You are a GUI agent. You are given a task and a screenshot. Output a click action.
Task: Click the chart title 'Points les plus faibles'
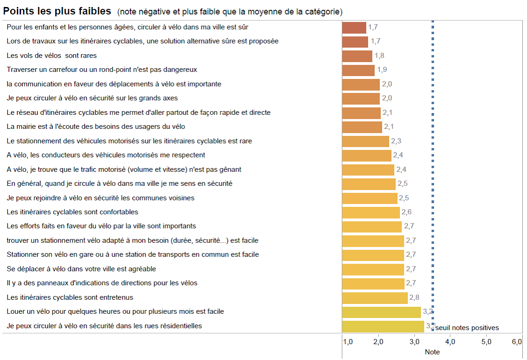pos(57,11)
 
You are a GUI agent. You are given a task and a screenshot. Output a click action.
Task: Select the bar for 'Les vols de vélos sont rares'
pos(357,56)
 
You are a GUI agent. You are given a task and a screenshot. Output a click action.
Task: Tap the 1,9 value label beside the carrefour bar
pos(382,70)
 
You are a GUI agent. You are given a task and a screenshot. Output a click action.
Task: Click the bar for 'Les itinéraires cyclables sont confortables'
pos(371,212)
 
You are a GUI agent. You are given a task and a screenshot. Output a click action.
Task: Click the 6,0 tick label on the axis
pos(517,342)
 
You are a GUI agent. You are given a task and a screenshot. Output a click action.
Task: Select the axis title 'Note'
pos(432,352)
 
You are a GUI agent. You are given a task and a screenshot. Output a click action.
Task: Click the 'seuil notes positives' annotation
pos(467,328)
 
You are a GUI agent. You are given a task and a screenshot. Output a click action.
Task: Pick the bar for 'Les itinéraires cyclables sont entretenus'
pos(375,298)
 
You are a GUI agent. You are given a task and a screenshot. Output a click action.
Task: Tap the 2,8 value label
pos(414,297)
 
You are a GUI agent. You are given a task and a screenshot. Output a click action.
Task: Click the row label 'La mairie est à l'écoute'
pos(96,127)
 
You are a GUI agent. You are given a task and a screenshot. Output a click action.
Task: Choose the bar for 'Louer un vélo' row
pos(381,312)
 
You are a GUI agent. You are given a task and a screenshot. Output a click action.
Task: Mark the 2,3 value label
pos(396,141)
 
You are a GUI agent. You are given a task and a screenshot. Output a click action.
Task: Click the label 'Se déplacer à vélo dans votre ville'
pos(81,269)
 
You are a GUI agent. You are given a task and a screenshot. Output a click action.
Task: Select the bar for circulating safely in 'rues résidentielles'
pos(383,326)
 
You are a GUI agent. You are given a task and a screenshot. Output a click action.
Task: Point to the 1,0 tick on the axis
pos(348,342)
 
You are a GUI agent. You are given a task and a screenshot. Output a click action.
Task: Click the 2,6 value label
pos(406,212)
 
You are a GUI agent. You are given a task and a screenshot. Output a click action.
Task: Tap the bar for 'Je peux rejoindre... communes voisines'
pos(370,198)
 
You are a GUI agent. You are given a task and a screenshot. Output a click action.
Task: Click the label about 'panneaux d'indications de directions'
pos(102,283)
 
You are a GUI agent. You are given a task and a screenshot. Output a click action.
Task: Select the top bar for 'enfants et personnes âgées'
pos(354,28)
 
